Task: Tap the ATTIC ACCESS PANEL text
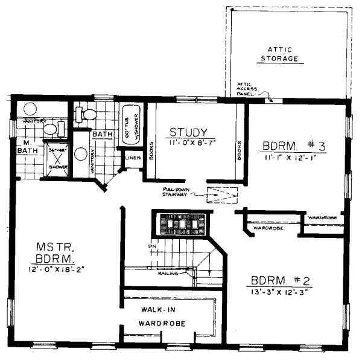(x=247, y=88)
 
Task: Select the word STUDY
(x=189, y=132)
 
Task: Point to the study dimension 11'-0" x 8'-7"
(x=189, y=144)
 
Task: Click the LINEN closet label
(x=132, y=158)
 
